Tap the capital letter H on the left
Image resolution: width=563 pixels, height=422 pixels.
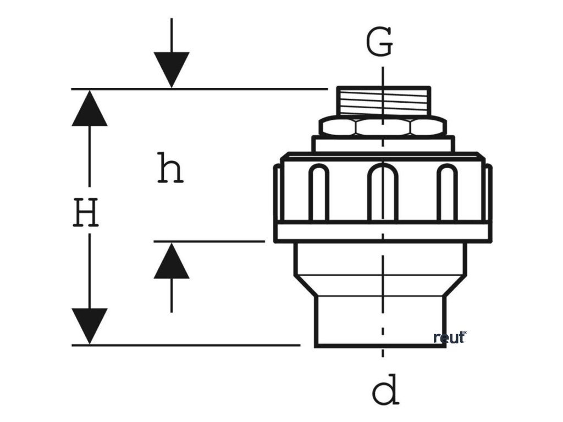pyautogui.click(x=86, y=213)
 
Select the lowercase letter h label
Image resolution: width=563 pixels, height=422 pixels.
pyautogui.click(x=169, y=168)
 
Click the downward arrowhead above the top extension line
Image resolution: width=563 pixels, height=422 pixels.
pyautogui.click(x=172, y=69)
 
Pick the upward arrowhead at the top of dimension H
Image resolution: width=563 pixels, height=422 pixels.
pyautogui.click(x=89, y=108)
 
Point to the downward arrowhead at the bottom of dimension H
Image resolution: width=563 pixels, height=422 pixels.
pyautogui.click(x=89, y=326)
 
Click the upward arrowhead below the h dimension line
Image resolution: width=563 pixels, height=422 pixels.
pyautogui.click(x=172, y=260)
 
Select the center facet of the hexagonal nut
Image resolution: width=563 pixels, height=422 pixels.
pyautogui.click(x=383, y=127)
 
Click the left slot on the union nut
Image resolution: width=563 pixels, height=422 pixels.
pyautogui.click(x=318, y=192)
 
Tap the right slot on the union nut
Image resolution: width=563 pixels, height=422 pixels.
pyautogui.click(x=447, y=192)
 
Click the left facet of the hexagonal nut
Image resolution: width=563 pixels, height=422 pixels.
pyautogui.click(x=338, y=127)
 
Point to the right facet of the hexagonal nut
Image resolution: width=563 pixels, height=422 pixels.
pyautogui.click(x=428, y=127)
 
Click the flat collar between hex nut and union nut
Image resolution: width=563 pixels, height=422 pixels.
pyautogui.click(x=383, y=143)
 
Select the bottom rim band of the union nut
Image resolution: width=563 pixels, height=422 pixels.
pyautogui.click(x=383, y=232)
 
